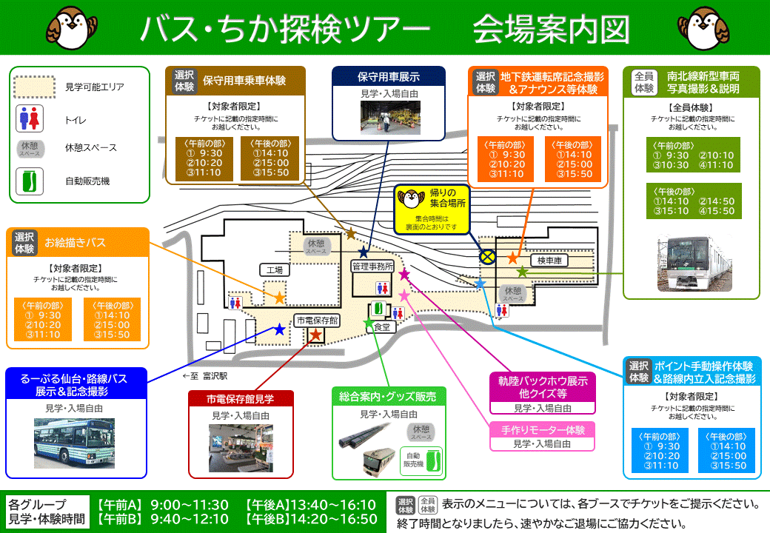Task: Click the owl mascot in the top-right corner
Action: pyautogui.click(x=710, y=26)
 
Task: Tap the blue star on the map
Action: pyautogui.click(x=279, y=329)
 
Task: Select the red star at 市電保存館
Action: pyautogui.click(x=315, y=335)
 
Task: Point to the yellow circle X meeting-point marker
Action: pyautogui.click(x=487, y=257)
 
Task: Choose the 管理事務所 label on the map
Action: pyautogui.click(x=372, y=266)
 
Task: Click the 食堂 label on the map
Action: pyautogui.click(x=381, y=326)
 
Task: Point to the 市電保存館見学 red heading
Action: pyautogui.click(x=241, y=399)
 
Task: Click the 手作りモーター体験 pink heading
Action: pyautogui.click(x=543, y=429)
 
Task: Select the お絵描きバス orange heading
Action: pyautogui.click(x=76, y=242)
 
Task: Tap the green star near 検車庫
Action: pyautogui.click(x=523, y=272)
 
